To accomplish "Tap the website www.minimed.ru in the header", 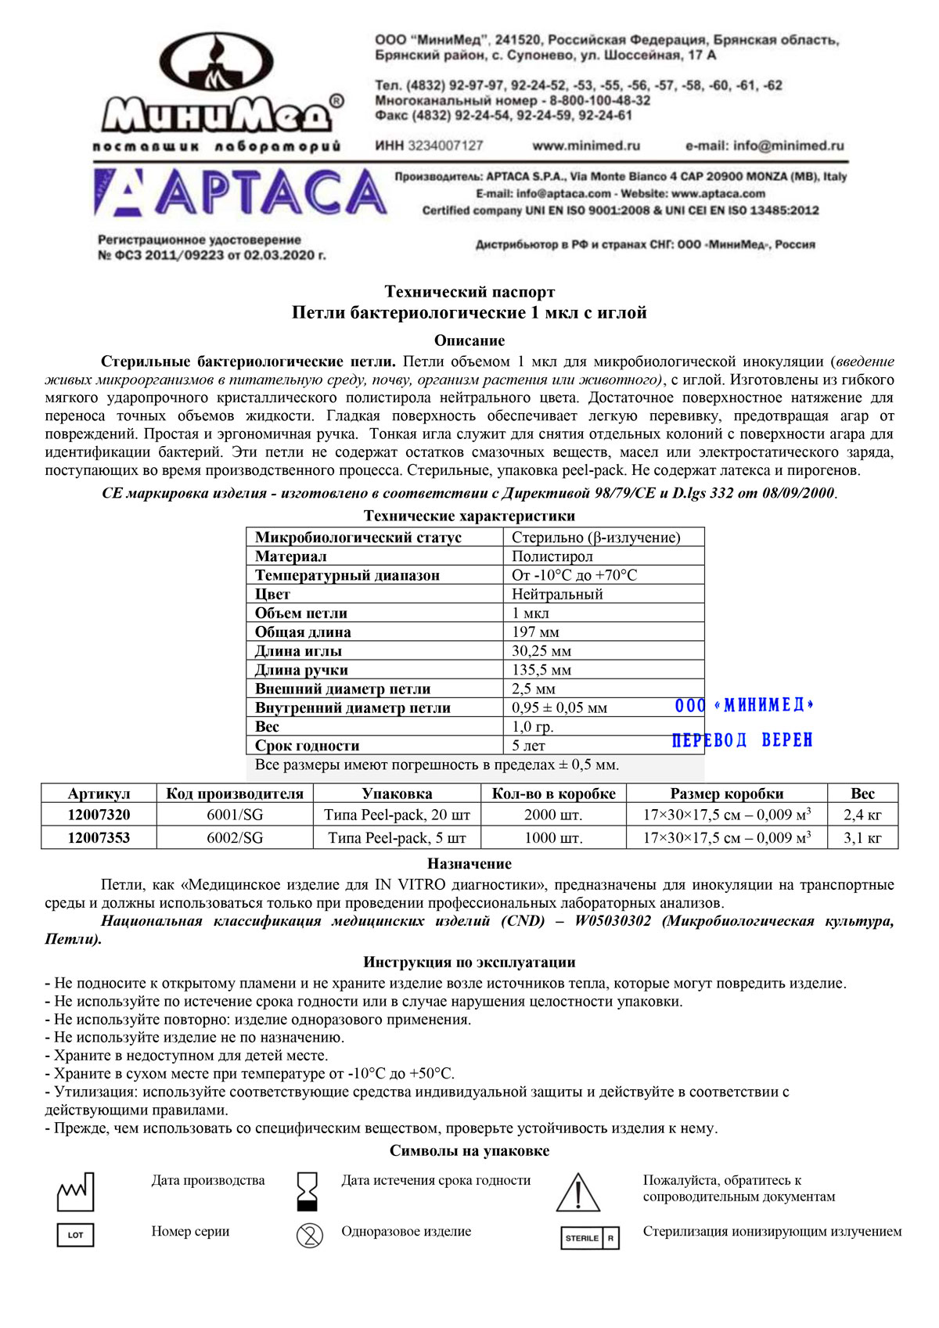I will [x=586, y=146].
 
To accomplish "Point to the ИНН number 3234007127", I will [x=429, y=146].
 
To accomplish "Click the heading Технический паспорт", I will [x=469, y=292].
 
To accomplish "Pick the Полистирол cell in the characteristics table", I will [x=552, y=556].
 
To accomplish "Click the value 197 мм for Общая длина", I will [x=535, y=632].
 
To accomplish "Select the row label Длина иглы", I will [x=298, y=651].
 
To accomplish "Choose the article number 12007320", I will [x=99, y=815].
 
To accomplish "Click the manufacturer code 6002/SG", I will [x=235, y=837].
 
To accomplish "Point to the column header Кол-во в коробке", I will [x=553, y=794].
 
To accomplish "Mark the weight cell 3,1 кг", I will [x=862, y=837].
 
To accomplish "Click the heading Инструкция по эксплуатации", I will [x=469, y=963].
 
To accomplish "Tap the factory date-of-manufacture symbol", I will [x=75, y=1191].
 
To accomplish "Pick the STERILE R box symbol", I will [x=590, y=1238].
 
